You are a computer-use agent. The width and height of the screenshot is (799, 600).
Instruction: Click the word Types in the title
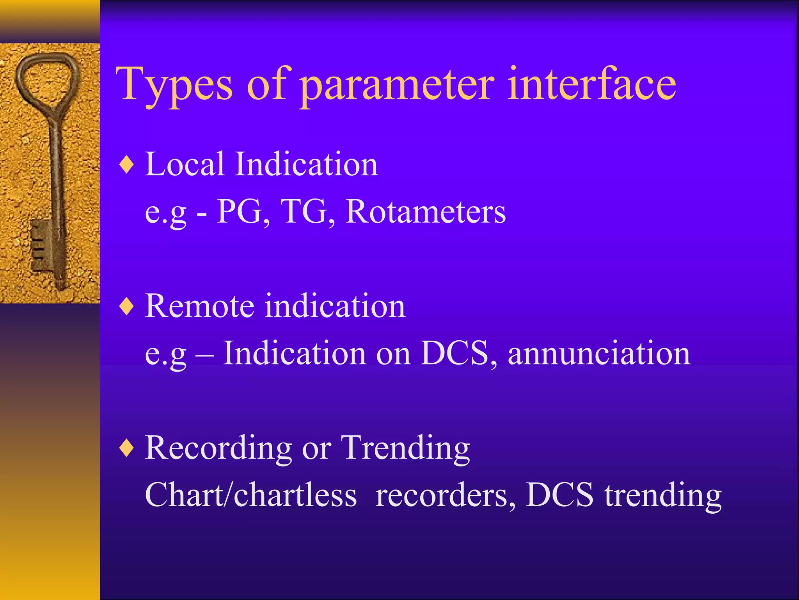174,85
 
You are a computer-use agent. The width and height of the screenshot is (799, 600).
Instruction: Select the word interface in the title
591,84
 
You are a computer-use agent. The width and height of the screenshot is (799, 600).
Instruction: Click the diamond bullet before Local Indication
126,165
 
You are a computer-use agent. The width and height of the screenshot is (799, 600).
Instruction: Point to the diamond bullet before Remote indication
126,307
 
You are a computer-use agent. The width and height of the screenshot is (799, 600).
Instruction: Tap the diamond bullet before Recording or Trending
126,448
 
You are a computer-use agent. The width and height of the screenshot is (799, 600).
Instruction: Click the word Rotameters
426,211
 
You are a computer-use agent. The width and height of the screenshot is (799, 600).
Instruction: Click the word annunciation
599,353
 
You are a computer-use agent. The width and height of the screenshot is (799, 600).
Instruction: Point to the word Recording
218,448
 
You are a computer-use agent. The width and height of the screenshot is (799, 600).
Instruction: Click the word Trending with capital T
405,448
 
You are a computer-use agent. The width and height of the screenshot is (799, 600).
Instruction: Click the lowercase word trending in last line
663,495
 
